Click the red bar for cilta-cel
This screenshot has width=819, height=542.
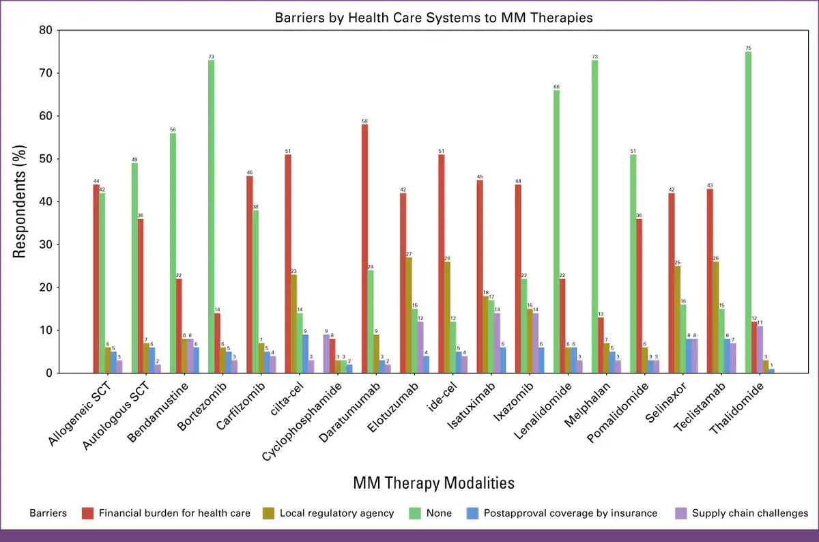coord(288,263)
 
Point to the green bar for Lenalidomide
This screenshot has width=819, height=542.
coord(557,231)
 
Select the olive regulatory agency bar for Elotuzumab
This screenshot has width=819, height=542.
coord(409,315)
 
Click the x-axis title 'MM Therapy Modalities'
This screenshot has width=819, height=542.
coord(433,483)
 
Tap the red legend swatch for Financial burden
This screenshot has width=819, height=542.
coord(87,513)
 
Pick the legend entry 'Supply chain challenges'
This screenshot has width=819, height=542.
coord(749,513)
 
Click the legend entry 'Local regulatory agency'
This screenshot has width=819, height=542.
coord(336,513)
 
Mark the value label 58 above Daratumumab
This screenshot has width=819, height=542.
coord(365,121)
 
